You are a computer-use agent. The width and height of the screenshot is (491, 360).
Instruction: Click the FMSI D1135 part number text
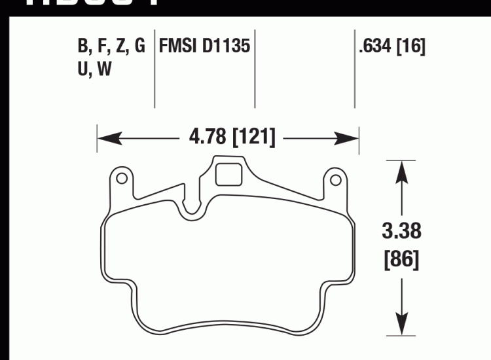tap(205, 47)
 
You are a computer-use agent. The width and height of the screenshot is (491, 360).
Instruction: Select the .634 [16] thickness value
tap(391, 47)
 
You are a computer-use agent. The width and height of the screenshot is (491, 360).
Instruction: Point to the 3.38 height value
tap(401, 231)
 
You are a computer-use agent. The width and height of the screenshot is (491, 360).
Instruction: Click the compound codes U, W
tap(95, 70)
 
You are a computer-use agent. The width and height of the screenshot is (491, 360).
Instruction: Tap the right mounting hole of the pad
tap(335, 179)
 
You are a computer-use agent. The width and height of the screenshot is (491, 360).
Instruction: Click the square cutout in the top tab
tap(227, 174)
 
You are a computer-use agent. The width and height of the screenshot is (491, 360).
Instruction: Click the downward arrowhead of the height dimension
tap(401, 321)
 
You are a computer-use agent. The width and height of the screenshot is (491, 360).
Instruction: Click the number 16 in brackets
tap(411, 47)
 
